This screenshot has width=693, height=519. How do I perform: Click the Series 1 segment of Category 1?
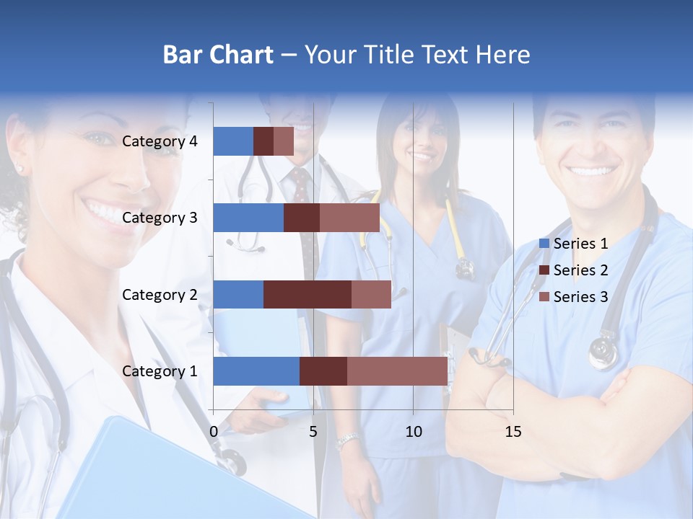[x=256, y=371]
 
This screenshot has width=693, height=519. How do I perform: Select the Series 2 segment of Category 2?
[x=308, y=294]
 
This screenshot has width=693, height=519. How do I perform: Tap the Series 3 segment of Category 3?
[x=349, y=218]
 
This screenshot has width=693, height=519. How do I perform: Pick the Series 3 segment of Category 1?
[x=397, y=371]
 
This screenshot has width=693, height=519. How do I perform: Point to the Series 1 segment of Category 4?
[x=233, y=141]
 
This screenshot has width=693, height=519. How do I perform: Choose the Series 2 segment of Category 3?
[x=302, y=218]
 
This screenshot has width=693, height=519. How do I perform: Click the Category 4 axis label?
[x=160, y=141]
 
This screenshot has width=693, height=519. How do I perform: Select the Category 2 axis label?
[x=160, y=294]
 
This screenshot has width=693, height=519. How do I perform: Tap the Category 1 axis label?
[x=160, y=371]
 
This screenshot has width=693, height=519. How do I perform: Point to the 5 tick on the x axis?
[x=313, y=432]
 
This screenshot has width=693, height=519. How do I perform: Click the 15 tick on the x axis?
[x=513, y=432]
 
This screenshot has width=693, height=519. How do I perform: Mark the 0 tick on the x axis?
[x=214, y=432]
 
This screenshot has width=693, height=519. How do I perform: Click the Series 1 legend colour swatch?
[x=544, y=244]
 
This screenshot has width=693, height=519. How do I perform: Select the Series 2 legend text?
[x=580, y=270]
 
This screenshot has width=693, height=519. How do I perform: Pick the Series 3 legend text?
[x=580, y=297]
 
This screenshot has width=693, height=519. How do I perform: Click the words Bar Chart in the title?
[x=217, y=55]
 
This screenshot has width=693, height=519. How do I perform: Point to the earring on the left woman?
[x=19, y=169]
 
